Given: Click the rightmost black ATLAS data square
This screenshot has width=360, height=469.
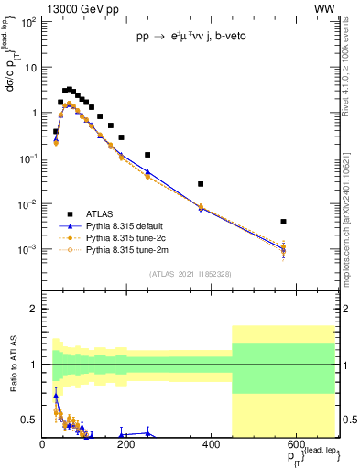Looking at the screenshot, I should (x=284, y=222).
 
